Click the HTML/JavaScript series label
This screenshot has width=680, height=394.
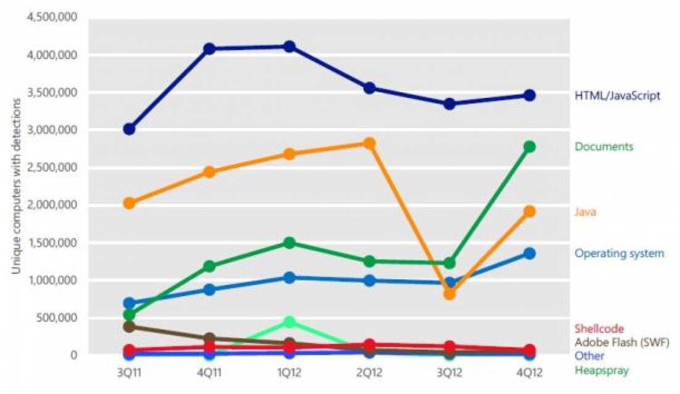point(617,96)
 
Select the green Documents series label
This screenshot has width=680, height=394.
point(604,147)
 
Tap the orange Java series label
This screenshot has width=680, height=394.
point(585,212)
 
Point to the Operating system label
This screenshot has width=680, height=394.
point(619,253)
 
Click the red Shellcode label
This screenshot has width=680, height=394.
point(599,329)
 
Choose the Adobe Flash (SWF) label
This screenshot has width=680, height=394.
point(621,342)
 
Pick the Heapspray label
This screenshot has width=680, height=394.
point(602,370)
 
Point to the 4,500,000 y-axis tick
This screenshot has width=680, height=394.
point(51,17)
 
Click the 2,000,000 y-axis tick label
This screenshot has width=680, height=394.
point(51,205)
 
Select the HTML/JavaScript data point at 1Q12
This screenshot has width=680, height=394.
point(289,47)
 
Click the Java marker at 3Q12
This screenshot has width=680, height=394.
point(449,294)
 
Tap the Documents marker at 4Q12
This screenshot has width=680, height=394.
point(529,147)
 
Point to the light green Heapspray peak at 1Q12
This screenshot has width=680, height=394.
point(289,322)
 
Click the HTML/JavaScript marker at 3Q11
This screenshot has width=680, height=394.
point(129,129)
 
